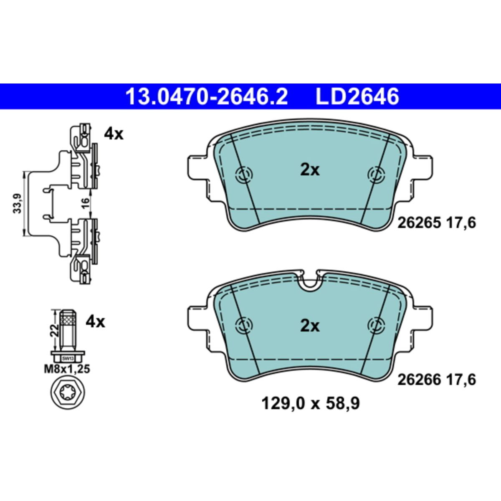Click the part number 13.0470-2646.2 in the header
click(207, 96)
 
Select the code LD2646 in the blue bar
click(357, 96)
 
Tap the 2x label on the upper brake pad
click(310, 170)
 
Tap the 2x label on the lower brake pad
click(310, 326)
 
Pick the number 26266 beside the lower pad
click(419, 380)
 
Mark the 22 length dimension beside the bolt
click(54, 331)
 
